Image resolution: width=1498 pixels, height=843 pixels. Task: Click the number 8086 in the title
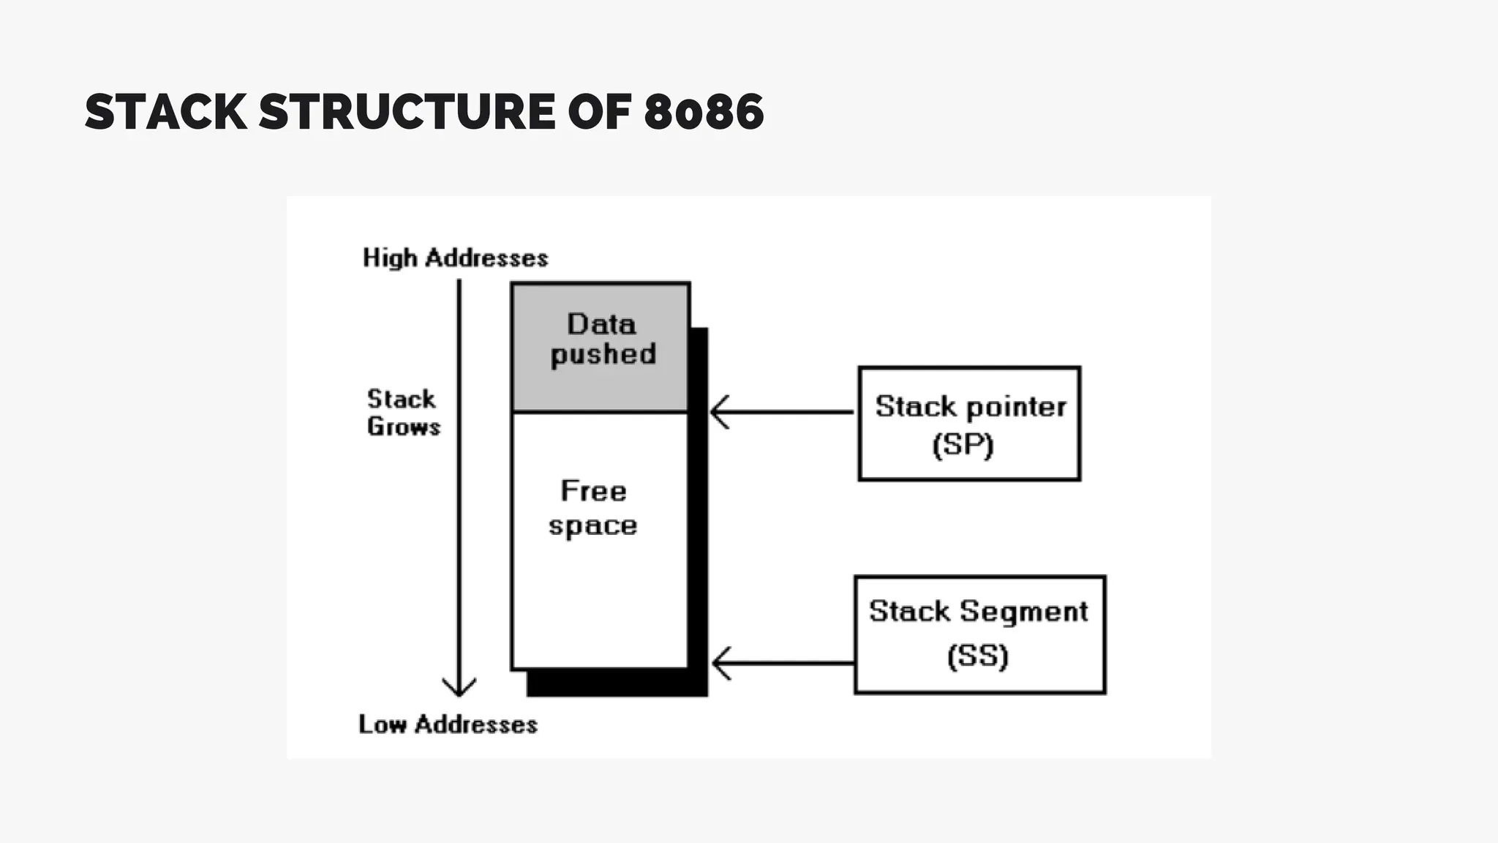704,112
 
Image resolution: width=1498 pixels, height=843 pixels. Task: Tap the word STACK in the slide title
166,112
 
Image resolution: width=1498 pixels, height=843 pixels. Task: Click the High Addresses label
455,258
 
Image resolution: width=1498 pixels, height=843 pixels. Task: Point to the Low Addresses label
448,724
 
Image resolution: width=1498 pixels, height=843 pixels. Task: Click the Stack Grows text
403,413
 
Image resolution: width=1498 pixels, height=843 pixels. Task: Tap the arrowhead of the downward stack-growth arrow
459,689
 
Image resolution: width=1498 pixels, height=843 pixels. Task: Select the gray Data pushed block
601,347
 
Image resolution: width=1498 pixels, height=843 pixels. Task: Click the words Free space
593,508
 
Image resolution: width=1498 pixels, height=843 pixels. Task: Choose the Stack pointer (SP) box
969,424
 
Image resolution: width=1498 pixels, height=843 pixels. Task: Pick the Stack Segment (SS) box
979,634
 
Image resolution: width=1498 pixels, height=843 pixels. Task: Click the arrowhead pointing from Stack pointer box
719,412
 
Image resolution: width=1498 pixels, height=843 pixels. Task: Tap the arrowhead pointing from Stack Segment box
720,663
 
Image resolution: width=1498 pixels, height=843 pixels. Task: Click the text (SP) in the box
963,445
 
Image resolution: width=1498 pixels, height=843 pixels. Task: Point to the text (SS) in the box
977,656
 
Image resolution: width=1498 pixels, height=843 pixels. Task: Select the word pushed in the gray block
603,355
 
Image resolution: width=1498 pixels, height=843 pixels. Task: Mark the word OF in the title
599,112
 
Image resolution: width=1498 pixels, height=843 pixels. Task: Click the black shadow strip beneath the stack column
617,683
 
